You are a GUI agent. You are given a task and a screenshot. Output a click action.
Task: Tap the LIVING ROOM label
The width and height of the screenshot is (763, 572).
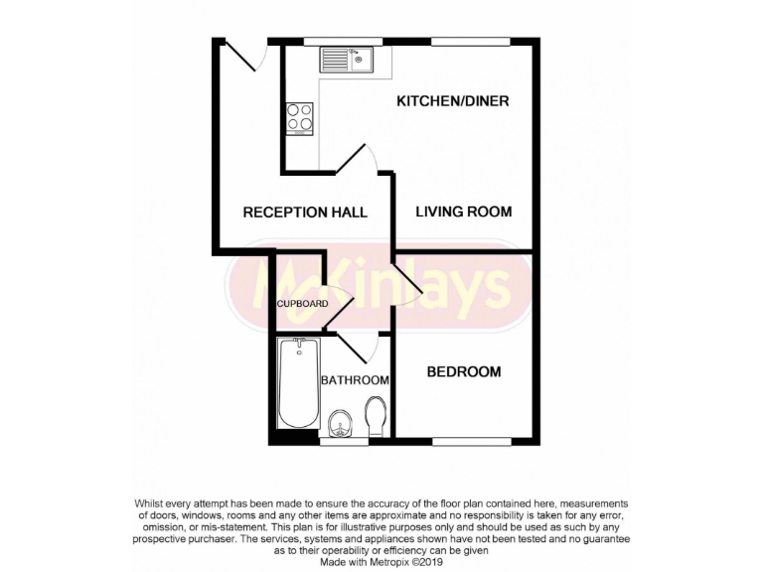click(463, 212)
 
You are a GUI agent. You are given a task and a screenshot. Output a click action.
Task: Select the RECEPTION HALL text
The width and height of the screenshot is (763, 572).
click(305, 213)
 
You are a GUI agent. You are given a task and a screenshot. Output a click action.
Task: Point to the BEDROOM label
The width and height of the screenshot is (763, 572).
click(463, 372)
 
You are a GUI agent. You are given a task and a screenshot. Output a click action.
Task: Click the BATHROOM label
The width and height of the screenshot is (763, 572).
click(354, 380)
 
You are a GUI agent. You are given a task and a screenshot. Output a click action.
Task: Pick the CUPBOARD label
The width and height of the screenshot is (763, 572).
click(302, 304)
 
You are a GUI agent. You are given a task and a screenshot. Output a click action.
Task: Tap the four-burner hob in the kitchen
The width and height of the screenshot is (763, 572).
click(300, 118)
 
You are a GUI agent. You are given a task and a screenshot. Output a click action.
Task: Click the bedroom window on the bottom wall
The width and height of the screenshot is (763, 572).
click(471, 439)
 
